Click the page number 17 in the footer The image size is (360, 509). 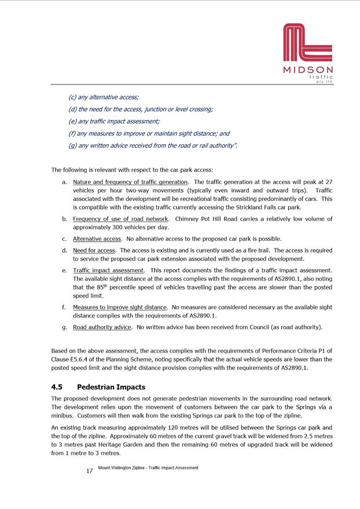[x=89, y=471]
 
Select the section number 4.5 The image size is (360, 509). [x=58, y=387]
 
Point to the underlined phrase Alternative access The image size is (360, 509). [x=97, y=239]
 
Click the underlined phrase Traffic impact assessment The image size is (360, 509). [x=108, y=270]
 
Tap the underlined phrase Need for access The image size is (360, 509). [x=94, y=250]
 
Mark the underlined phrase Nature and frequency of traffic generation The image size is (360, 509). [x=131, y=182]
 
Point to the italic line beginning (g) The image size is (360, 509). [x=153, y=145]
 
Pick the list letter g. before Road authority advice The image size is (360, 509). [x=64, y=327]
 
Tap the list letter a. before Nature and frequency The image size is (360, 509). [x=64, y=182]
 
